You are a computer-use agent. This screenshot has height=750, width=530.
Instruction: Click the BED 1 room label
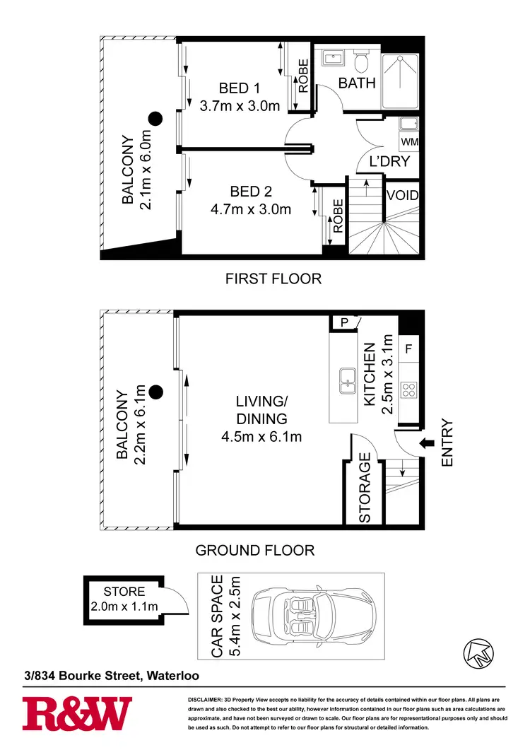pos(240,88)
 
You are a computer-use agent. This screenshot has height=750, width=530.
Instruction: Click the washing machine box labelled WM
pos(409,142)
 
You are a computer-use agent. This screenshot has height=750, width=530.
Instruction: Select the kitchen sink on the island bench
pos(347,380)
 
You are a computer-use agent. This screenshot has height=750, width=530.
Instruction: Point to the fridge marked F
pos(409,349)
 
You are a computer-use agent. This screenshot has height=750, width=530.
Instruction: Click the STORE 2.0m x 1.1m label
pos(124,598)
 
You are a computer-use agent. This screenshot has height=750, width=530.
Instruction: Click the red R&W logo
pos(77,713)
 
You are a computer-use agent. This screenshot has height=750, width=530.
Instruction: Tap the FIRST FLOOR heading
pos(273,279)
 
